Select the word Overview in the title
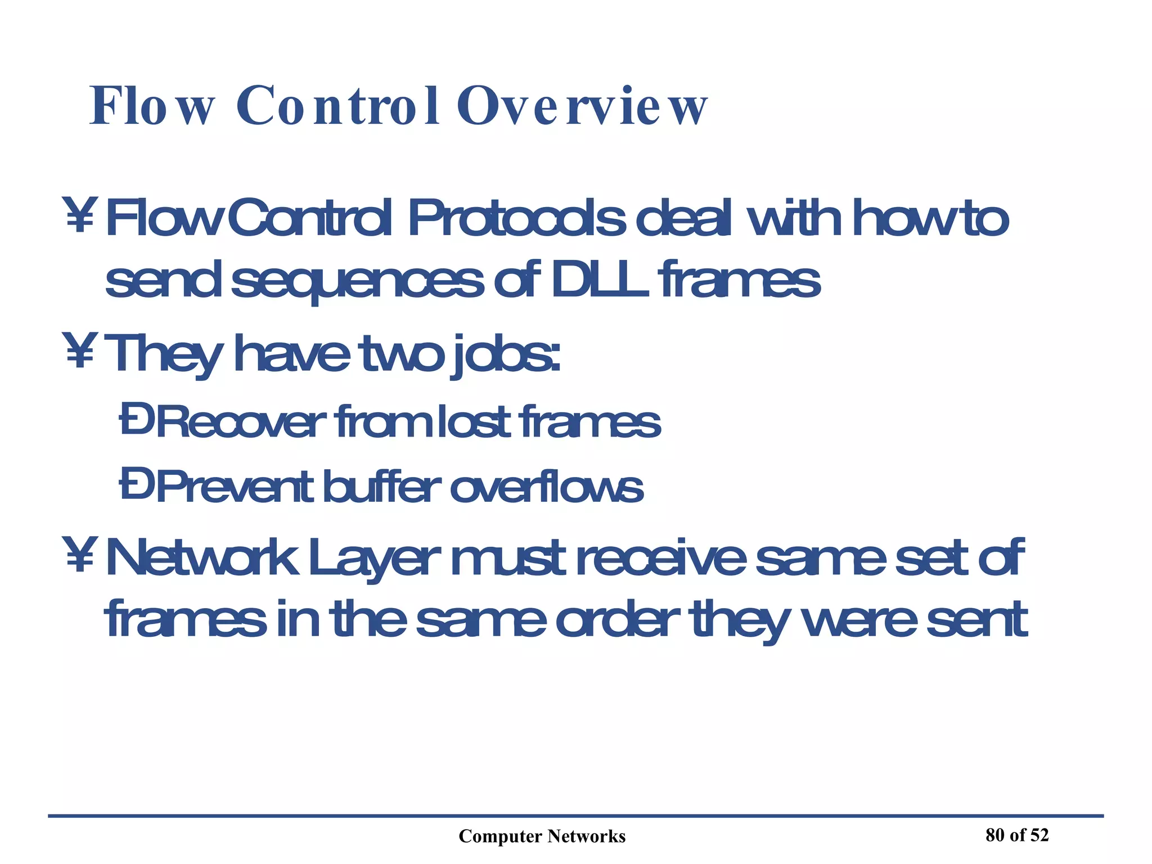coord(582,107)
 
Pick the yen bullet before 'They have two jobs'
coord(79,351)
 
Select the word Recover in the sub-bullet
coord(241,422)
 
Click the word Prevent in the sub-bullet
coord(235,487)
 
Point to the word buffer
coord(382,487)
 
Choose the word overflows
coord(546,487)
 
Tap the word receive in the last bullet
coord(661,557)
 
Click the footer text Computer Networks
coord(542,836)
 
